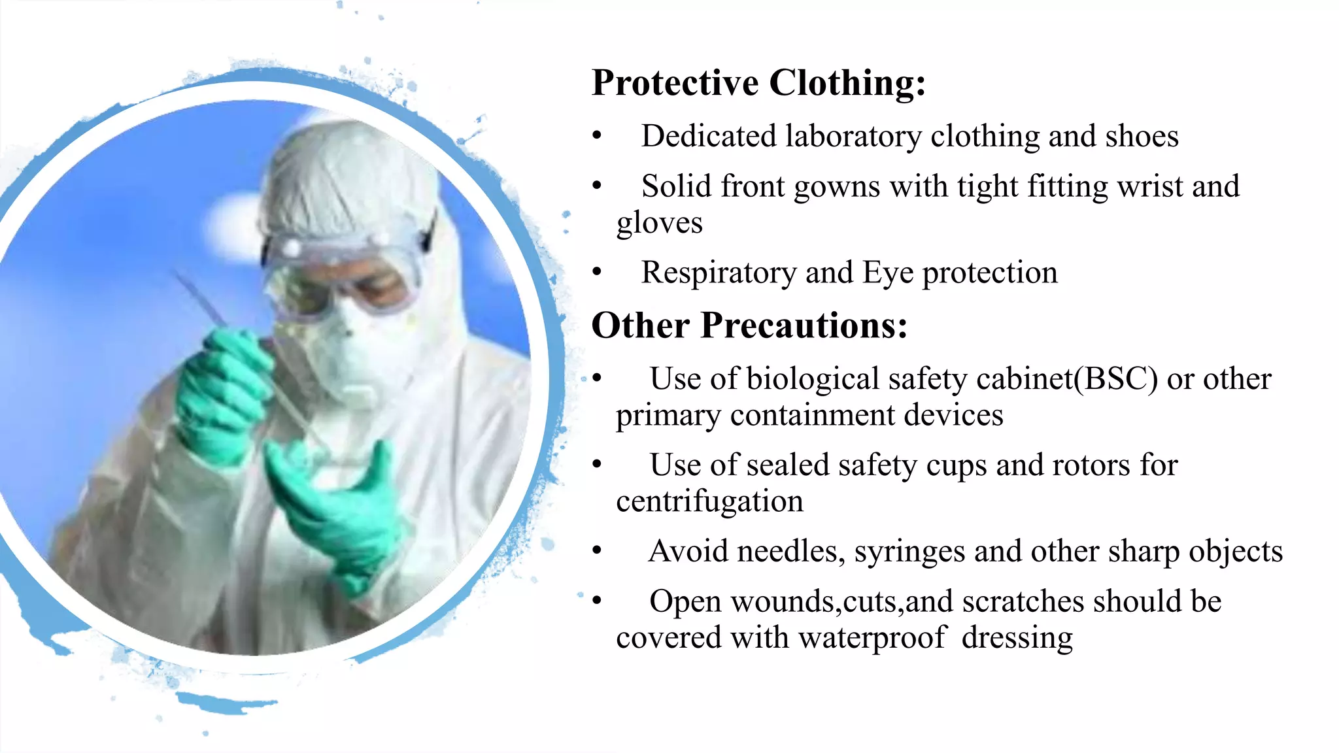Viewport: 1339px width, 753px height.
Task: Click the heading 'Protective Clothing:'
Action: click(x=758, y=84)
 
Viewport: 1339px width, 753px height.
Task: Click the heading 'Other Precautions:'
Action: click(x=749, y=326)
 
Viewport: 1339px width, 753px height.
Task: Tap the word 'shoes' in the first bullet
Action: click(x=1142, y=137)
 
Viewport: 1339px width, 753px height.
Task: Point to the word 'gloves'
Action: click(x=659, y=224)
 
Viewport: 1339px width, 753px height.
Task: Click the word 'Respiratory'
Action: click(x=719, y=273)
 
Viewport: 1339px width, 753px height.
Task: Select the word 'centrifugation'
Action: click(x=709, y=502)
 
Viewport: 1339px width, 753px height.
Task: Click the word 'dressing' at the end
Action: click(x=1017, y=638)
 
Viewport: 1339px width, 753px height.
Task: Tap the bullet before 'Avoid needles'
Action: click(x=596, y=550)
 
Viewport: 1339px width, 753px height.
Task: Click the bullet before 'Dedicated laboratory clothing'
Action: click(x=596, y=136)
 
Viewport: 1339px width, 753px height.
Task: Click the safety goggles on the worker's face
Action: click(x=340, y=275)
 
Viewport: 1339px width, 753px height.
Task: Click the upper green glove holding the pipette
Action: click(x=222, y=392)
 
